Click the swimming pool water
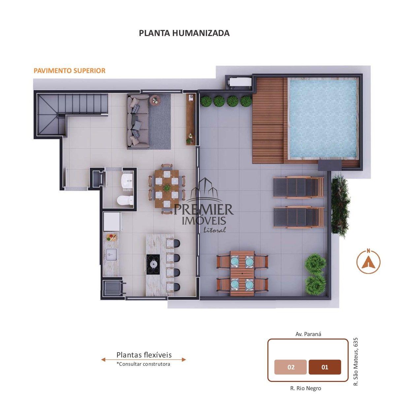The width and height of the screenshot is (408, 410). pyautogui.click(x=323, y=119)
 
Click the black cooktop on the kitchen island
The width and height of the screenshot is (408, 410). pyautogui.click(x=153, y=264)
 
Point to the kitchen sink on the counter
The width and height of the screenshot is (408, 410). pyautogui.click(x=112, y=254)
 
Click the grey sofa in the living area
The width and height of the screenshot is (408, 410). pyautogui.click(x=138, y=122)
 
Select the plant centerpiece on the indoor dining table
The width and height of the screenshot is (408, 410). pyautogui.click(x=167, y=188)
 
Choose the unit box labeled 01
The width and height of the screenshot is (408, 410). pyautogui.click(x=325, y=367)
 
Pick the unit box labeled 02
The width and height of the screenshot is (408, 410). pyautogui.click(x=291, y=367)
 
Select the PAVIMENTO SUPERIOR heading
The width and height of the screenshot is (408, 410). pyautogui.click(x=70, y=71)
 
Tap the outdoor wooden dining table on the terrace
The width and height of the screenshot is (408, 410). pyautogui.click(x=242, y=274)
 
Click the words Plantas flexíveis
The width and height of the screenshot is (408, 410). pyautogui.click(x=144, y=355)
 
